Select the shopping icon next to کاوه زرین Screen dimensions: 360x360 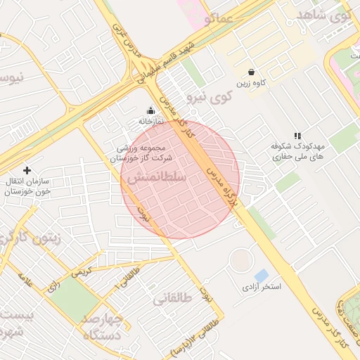tap(252, 72)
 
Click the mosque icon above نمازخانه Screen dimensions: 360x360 tap(150, 110)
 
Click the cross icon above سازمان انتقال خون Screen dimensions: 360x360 tap(27, 170)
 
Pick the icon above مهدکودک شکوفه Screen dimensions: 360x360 tap(297, 135)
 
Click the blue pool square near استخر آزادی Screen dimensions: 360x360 tap(261, 274)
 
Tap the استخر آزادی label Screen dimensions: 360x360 tap(262, 287)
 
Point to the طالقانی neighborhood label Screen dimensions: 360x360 tap(172, 299)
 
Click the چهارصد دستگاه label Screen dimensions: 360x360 tap(103, 327)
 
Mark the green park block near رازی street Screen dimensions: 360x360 tap(73, 302)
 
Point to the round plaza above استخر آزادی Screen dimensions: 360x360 tap(242, 261)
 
